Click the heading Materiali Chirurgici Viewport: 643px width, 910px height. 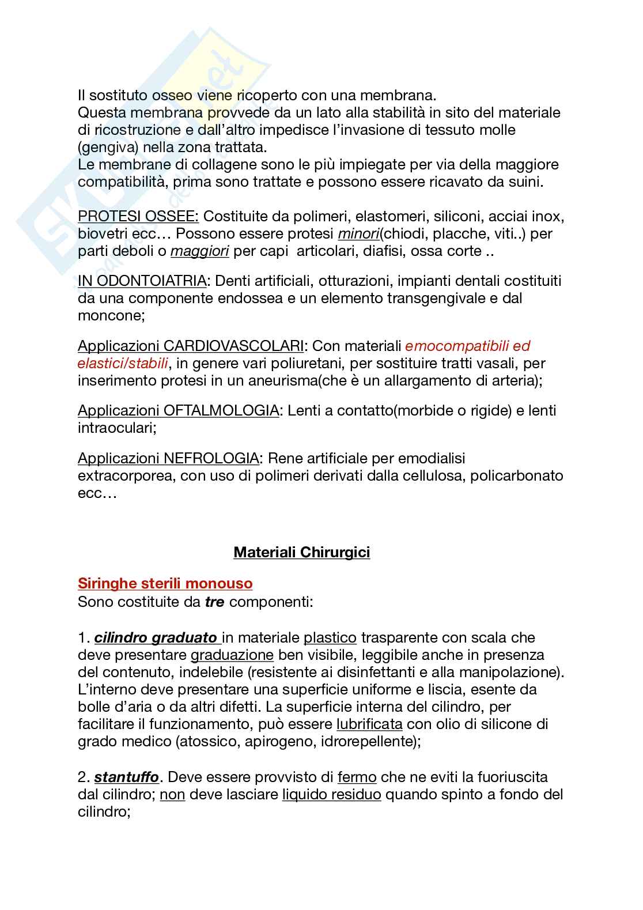pyautogui.click(x=301, y=552)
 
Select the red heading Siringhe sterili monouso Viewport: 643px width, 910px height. pyautogui.click(x=165, y=583)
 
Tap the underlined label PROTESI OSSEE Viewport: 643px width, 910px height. pyautogui.click(x=138, y=216)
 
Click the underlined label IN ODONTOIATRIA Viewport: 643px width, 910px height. pyautogui.click(x=142, y=281)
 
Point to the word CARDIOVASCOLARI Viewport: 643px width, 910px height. pyautogui.click(x=233, y=346)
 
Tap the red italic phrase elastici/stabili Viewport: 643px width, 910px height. pyautogui.click(x=123, y=363)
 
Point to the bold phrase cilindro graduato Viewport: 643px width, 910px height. pyautogui.click(x=156, y=637)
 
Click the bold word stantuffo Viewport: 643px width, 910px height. pyautogui.click(x=126, y=777)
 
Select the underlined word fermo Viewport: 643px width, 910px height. pyautogui.click(x=357, y=777)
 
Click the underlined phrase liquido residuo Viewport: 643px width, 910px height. pyautogui.click(x=332, y=794)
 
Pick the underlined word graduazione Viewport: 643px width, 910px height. pyautogui.click(x=232, y=655)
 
